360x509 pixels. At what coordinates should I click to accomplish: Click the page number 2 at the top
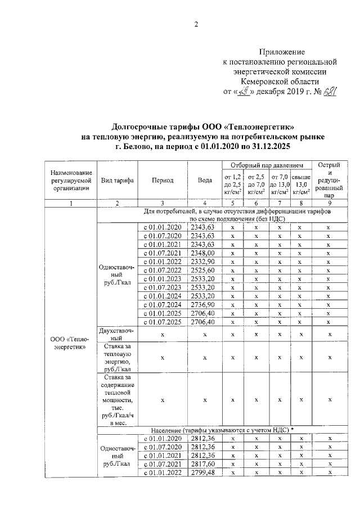(197, 24)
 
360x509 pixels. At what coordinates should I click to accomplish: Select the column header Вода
(205, 181)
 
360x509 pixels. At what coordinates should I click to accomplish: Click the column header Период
(162, 181)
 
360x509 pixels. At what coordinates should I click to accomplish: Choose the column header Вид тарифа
(117, 181)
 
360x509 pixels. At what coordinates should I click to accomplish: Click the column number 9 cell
(330, 203)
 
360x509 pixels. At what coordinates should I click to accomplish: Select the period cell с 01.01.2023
(162, 279)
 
